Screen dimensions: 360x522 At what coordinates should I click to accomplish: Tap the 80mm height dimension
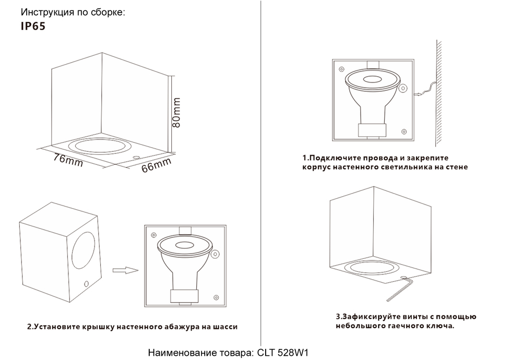176,113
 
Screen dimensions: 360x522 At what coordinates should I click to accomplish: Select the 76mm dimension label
68,160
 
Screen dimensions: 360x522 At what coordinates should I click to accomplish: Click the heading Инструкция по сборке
73,12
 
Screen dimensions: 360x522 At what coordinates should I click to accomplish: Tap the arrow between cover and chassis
124,270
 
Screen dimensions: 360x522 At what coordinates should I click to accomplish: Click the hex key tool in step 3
402,287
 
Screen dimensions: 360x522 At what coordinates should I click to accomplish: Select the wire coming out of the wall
428,91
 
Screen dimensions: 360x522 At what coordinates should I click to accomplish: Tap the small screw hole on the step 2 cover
86,284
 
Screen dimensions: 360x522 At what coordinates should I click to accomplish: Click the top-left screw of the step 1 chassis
341,68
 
